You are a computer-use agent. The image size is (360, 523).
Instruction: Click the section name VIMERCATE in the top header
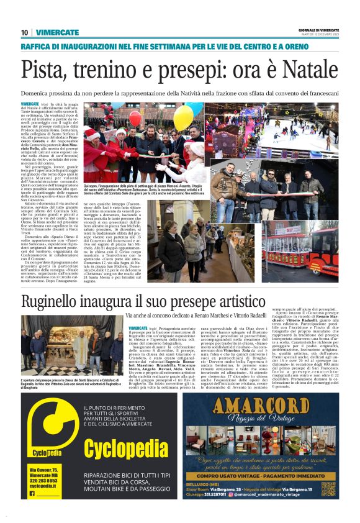point(57,32)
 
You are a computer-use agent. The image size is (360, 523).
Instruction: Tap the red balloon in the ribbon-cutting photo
point(135,118)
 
